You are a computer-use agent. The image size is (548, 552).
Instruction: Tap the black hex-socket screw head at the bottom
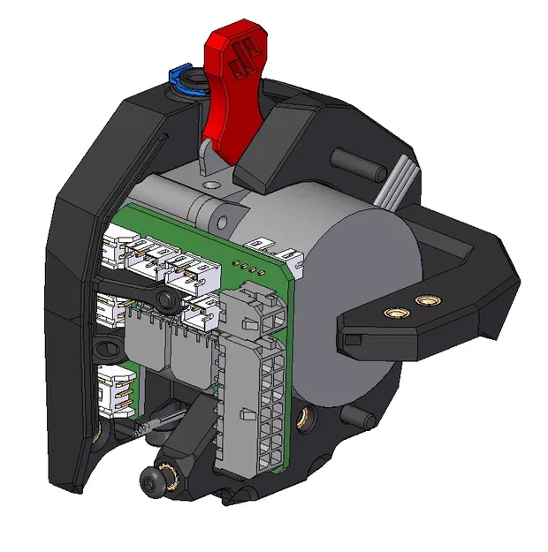(x=155, y=479)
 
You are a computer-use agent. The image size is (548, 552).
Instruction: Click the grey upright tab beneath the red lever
(x=209, y=163)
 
